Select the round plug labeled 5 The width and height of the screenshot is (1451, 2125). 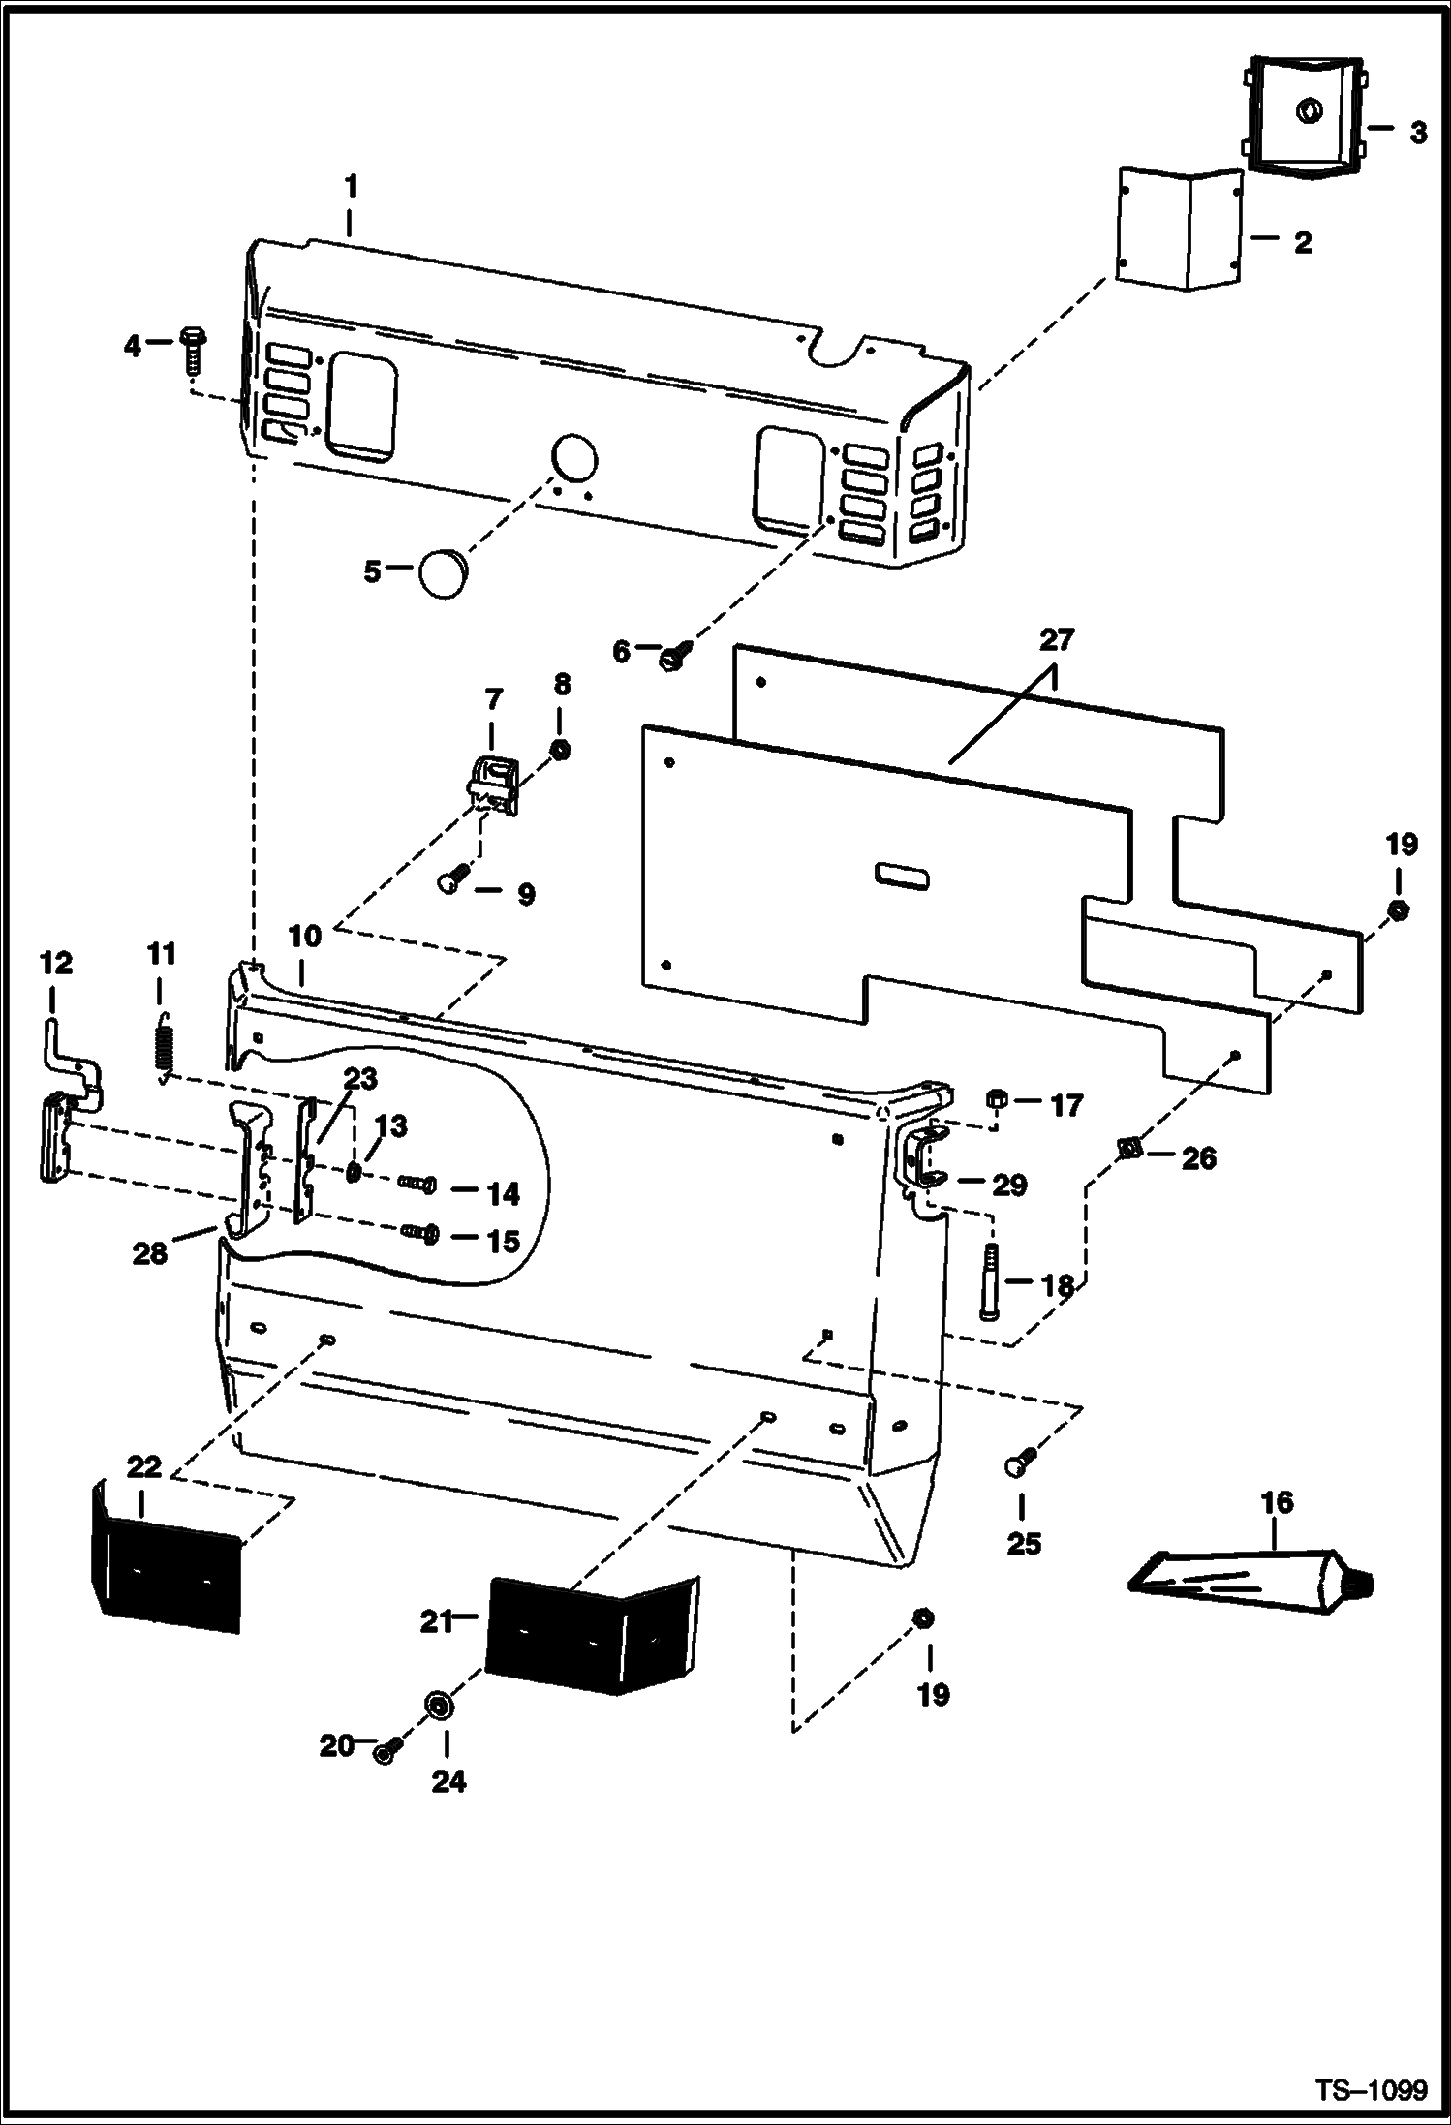pos(443,574)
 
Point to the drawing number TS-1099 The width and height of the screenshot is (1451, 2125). pos(1370,2089)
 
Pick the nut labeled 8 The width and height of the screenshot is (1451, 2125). pos(560,749)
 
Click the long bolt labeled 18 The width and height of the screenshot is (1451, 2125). pos(989,1281)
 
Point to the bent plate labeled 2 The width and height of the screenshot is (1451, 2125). pos(1179,229)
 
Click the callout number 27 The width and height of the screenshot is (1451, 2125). pos(1057,640)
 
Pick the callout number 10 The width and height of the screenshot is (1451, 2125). pos(304,937)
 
